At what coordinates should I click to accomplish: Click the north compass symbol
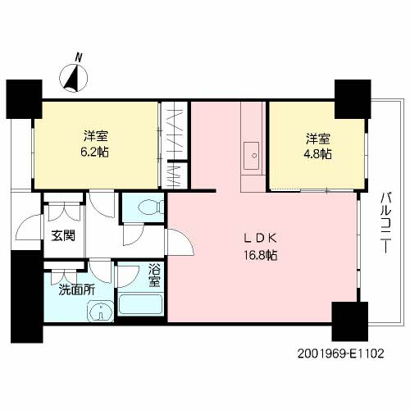pos(74,78)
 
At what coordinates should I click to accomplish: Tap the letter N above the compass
pos(79,58)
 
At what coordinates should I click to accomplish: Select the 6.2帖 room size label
pos(94,152)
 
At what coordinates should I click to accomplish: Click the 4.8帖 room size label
pos(318,154)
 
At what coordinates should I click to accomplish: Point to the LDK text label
pos(261,239)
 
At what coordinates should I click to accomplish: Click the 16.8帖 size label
pos(261,255)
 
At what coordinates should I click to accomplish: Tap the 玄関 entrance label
pos(63,235)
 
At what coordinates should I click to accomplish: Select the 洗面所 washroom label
pos(77,290)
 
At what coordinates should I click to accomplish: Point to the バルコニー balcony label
pos(386,223)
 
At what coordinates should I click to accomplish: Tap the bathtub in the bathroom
pos(141,305)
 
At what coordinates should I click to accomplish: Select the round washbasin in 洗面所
pos(101,311)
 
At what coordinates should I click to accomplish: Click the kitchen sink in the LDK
pos(252,156)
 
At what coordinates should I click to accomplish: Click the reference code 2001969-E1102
pos(340,353)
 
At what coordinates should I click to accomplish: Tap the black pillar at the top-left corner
pos(24,99)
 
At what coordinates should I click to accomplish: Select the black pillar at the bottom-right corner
pos(349,321)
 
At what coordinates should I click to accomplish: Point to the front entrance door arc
pos(29,227)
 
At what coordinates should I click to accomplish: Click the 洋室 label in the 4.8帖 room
pos(318,139)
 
